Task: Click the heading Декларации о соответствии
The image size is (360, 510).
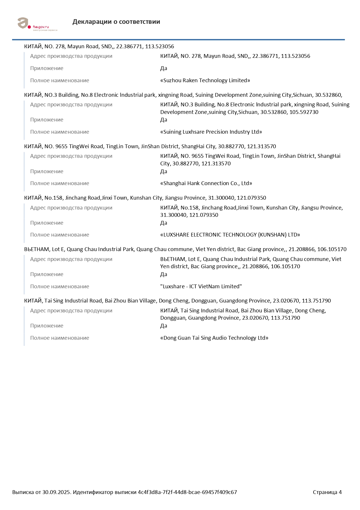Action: point(116,22)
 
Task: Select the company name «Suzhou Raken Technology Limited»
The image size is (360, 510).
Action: point(205,80)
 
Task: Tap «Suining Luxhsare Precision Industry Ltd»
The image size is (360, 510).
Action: point(211,132)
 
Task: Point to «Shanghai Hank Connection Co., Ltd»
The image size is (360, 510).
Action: point(206,183)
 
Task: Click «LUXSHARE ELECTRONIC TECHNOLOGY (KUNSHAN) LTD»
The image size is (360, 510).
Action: point(230,235)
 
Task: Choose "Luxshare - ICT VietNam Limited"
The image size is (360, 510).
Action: point(201,287)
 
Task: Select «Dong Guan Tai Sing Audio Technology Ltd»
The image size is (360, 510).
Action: point(214,338)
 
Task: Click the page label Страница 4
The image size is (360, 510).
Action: point(327,492)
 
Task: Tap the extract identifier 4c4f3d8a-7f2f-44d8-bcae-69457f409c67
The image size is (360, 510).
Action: point(187,492)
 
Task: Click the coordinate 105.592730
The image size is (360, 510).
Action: point(304,112)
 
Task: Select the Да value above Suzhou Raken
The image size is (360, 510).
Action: point(163,69)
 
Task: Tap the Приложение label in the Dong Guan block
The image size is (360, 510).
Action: point(47,326)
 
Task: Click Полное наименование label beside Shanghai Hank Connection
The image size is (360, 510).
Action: point(60,183)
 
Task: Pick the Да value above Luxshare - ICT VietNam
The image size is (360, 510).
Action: point(163,274)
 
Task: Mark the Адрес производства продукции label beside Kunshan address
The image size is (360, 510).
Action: point(71,208)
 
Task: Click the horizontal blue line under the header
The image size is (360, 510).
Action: point(178,40)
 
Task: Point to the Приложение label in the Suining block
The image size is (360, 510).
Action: point(47,120)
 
